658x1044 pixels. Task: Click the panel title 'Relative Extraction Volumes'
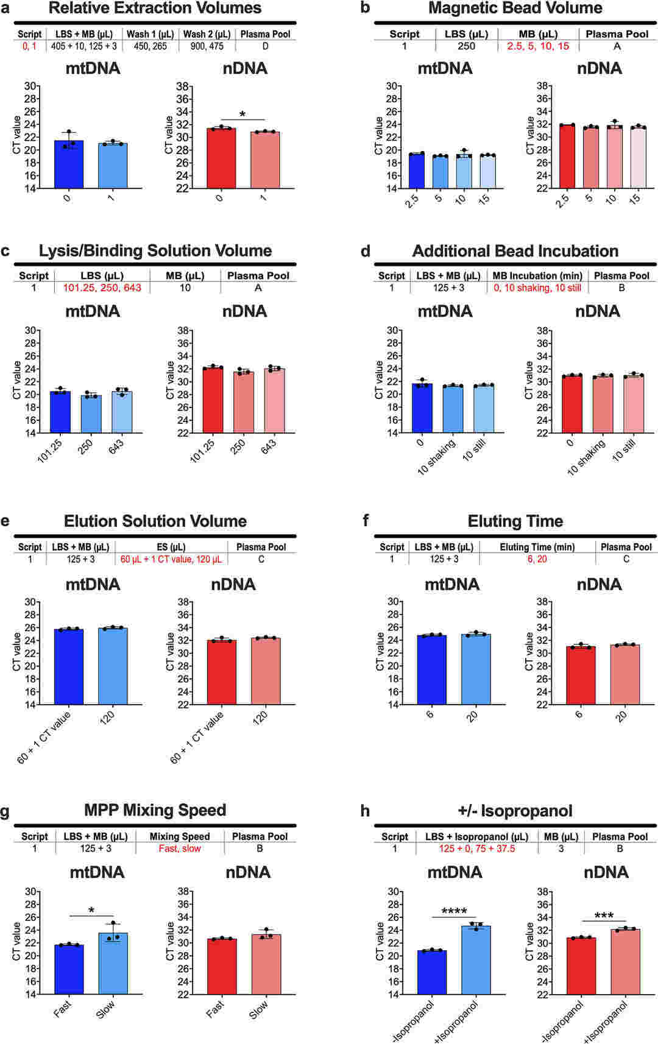pyautogui.click(x=155, y=9)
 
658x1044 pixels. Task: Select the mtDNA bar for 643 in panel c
pyautogui.click(x=122, y=412)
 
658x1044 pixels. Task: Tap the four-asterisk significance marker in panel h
pyautogui.click(x=454, y=912)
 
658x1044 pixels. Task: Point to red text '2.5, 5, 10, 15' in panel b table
pyautogui.click(x=538, y=46)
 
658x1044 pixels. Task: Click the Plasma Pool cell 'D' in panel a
pyautogui.click(x=265, y=46)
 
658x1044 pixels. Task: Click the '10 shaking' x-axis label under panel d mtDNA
pyautogui.click(x=436, y=458)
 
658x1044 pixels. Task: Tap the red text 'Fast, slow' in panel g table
pyautogui.click(x=180, y=848)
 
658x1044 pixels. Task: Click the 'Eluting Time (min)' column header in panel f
pyautogui.click(x=537, y=547)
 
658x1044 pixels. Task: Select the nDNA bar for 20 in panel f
pyautogui.click(x=624, y=674)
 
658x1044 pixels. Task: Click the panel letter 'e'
pyautogui.click(x=5, y=521)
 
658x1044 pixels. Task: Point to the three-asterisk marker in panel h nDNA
pyautogui.click(x=604, y=916)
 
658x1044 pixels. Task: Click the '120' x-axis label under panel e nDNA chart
pyautogui.click(x=260, y=718)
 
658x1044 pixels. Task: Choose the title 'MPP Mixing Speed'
pyautogui.click(x=155, y=810)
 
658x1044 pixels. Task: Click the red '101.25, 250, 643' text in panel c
pyautogui.click(x=102, y=287)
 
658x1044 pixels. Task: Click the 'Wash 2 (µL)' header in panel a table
pyautogui.click(x=207, y=34)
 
